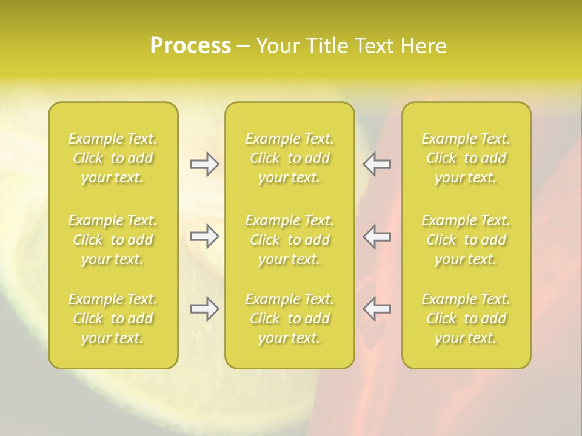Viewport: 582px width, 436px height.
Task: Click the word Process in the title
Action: [x=190, y=46]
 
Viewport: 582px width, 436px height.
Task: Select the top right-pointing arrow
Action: [x=204, y=163]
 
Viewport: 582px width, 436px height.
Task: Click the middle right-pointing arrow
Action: [x=204, y=236]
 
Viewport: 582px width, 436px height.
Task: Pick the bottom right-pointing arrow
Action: [x=204, y=309]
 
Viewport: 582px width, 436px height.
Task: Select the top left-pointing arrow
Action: [x=377, y=163]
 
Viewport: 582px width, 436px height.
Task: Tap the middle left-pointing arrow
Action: [x=377, y=236]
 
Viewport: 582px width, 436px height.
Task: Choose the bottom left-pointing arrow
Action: [x=377, y=309]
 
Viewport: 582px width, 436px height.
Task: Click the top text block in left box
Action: [x=113, y=158]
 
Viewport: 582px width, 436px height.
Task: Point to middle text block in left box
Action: [x=113, y=240]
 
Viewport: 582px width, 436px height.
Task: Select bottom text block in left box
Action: [x=113, y=319]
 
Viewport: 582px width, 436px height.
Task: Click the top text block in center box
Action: [x=290, y=158]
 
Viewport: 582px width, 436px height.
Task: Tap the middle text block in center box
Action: [x=290, y=240]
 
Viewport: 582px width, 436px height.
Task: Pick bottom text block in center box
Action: [x=290, y=319]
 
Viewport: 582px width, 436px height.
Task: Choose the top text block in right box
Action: [x=466, y=158]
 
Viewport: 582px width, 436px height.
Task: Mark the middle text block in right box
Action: [x=466, y=240]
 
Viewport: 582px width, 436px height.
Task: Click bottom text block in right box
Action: [x=466, y=319]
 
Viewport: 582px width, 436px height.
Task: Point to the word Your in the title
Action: [x=278, y=46]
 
